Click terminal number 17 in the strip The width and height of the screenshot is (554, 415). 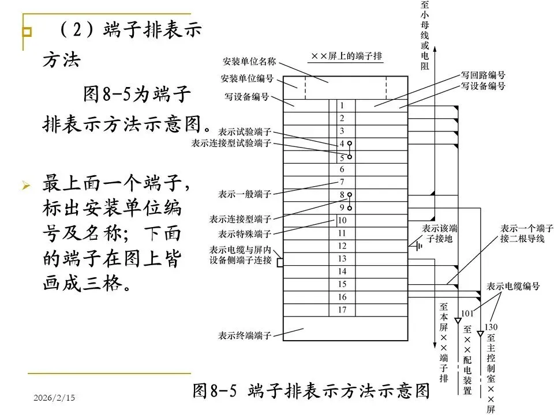[x=342, y=310]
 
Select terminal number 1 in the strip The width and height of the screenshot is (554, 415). [x=342, y=105]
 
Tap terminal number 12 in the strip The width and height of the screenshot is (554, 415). [x=342, y=246]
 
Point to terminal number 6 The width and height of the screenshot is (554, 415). [x=342, y=169]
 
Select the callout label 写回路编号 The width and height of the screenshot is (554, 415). [x=482, y=76]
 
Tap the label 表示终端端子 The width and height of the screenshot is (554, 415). [x=244, y=335]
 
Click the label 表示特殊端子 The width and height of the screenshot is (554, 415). [x=245, y=234]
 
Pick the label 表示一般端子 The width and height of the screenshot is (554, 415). [x=245, y=193]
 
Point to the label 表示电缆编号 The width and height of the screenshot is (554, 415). [x=513, y=286]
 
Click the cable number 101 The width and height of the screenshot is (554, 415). [x=467, y=314]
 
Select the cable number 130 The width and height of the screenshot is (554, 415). [x=491, y=327]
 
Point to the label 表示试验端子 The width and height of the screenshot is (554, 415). [x=245, y=132]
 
